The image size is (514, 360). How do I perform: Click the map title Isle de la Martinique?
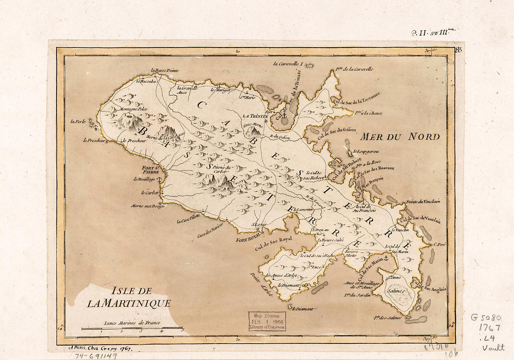click(x=128, y=297)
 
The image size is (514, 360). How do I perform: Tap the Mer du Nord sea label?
click(x=400, y=137)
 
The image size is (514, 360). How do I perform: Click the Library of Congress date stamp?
click(x=267, y=321)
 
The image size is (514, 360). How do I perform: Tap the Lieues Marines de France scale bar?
click(x=132, y=328)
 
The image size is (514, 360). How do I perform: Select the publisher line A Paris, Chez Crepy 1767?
click(x=100, y=348)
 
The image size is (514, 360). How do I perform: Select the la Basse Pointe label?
click(x=165, y=71)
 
